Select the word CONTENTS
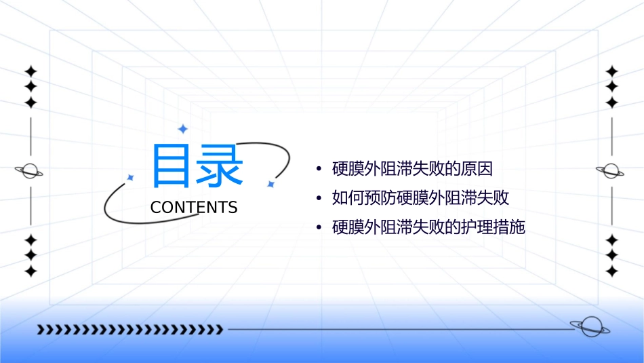(x=194, y=208)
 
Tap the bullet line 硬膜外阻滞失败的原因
(x=412, y=169)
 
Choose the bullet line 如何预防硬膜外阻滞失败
(x=420, y=198)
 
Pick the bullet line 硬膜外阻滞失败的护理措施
(x=428, y=227)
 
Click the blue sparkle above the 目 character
(x=182, y=129)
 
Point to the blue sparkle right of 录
(x=270, y=184)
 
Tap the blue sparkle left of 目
(x=130, y=178)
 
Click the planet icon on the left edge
(x=30, y=171)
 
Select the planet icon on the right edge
(x=611, y=171)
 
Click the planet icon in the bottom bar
(x=589, y=327)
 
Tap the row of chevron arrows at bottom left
(x=130, y=330)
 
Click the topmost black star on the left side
(x=31, y=71)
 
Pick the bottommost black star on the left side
(x=31, y=271)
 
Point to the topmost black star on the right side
(x=612, y=71)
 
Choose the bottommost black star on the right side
(x=612, y=271)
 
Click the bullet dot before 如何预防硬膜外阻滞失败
(x=319, y=199)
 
